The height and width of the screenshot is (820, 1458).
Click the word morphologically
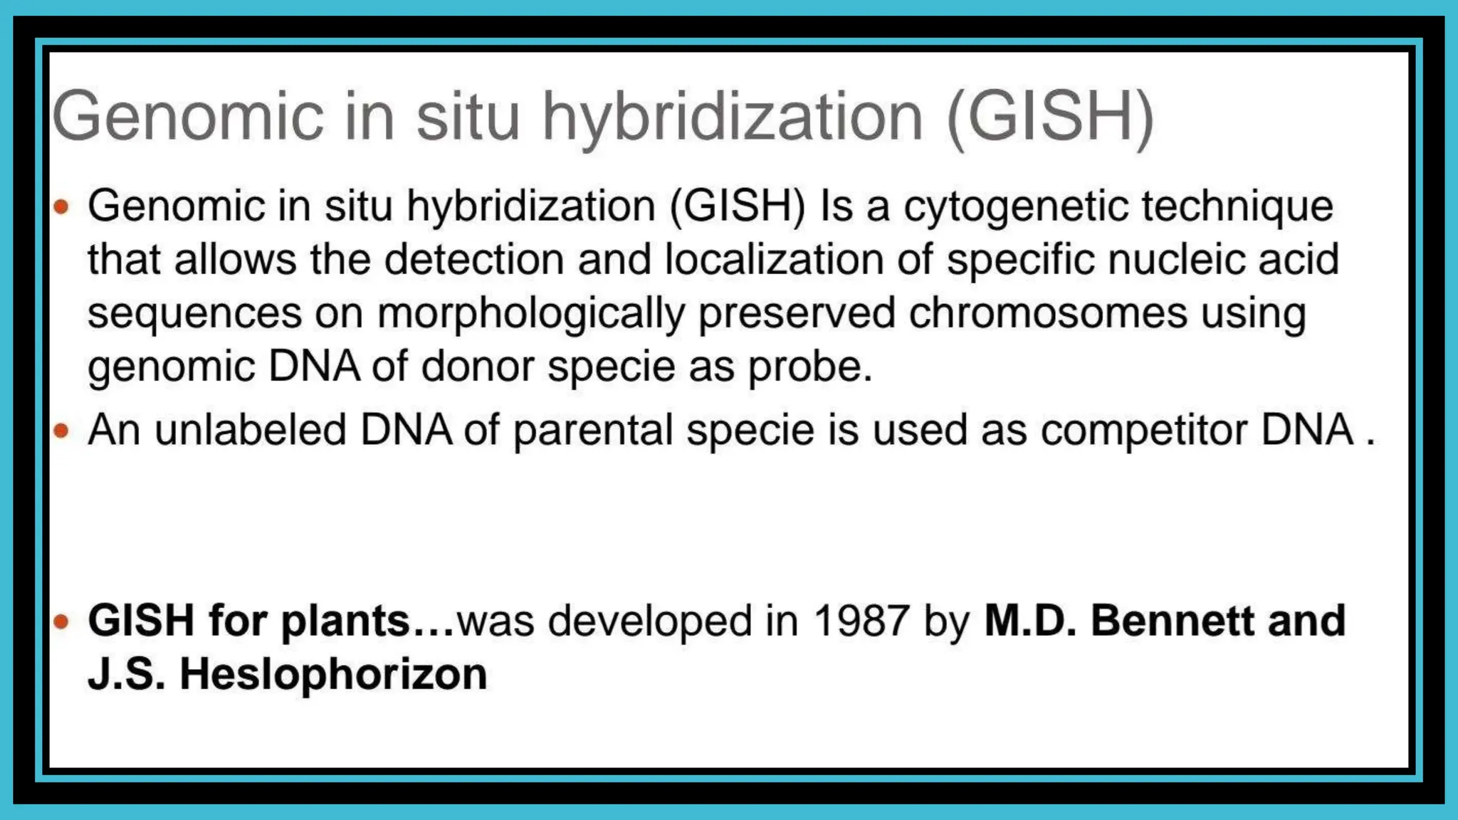point(531,314)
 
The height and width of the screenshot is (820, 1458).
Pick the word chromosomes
point(1048,313)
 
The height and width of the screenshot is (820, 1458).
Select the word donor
point(478,367)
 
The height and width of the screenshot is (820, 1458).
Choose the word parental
point(593,431)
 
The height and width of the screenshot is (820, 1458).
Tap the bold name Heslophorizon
point(333,674)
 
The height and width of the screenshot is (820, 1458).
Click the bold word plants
point(345,622)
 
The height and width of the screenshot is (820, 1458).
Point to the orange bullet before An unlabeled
point(62,431)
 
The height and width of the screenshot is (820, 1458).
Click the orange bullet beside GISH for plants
point(62,621)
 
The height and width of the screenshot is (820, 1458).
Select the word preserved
point(797,314)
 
